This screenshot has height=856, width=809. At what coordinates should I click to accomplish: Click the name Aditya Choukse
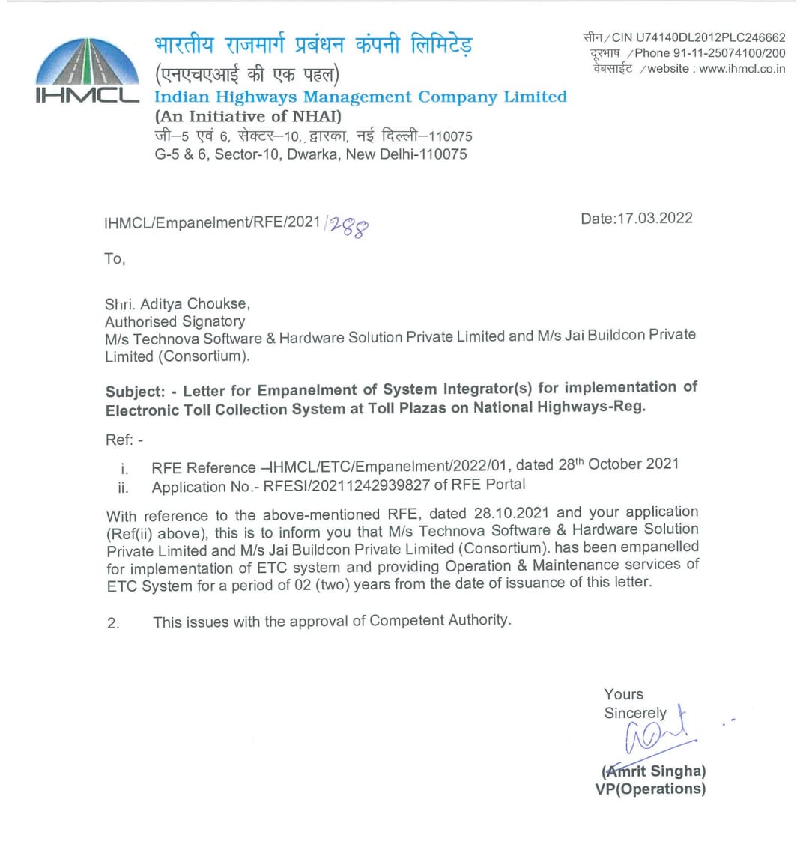coord(195,304)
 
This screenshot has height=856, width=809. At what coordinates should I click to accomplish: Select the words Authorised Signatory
coord(175,322)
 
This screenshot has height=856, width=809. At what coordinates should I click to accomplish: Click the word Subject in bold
coord(133,392)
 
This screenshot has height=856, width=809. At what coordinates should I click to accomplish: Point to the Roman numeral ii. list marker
coord(123,488)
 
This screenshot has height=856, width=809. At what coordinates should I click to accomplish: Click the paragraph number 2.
coord(113,623)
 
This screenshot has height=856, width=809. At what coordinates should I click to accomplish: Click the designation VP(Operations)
coord(650,789)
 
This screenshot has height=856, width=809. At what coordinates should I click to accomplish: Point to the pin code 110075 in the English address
coord(443,154)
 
